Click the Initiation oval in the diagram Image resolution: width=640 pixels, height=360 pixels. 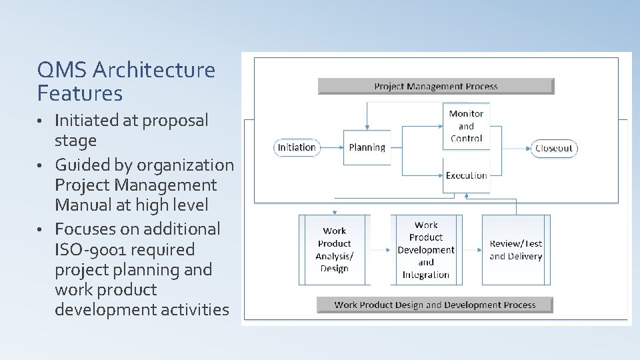coord(297,147)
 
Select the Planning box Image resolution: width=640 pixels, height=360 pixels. coord(367,147)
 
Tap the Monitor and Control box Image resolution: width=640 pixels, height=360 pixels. coord(466,126)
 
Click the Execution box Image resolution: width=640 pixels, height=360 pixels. coord(466,175)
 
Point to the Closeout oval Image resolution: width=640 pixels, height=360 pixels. coord(554,148)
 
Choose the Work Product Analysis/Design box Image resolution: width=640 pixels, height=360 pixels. coord(334,249)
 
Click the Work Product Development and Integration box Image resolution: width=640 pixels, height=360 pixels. coord(426,249)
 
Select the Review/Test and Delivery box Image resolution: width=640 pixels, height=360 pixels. coord(516,249)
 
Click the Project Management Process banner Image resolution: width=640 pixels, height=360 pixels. coord(436,86)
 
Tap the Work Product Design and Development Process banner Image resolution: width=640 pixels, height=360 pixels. coord(435,305)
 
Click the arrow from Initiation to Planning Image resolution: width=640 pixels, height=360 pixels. coord(332,147)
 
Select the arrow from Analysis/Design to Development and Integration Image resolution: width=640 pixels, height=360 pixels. coord(381,250)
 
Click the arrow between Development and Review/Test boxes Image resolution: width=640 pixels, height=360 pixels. coord(471,250)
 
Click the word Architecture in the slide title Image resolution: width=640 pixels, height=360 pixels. coord(155,69)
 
